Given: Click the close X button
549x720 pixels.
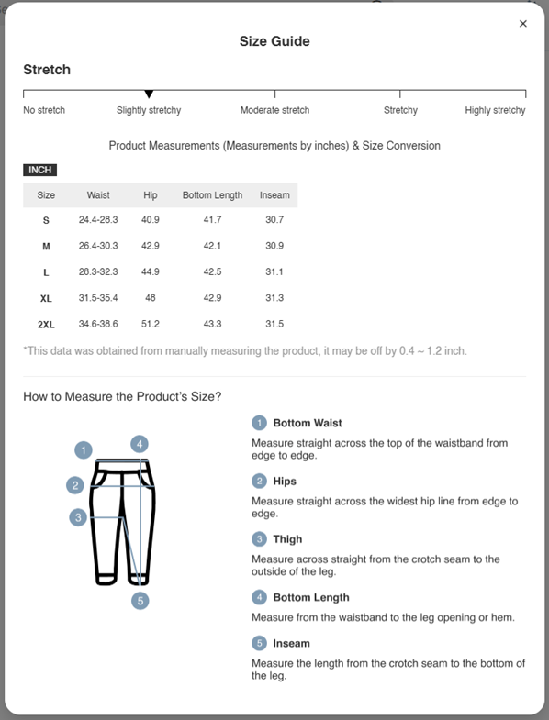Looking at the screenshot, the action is click(x=523, y=24).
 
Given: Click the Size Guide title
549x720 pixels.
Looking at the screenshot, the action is click(x=274, y=41).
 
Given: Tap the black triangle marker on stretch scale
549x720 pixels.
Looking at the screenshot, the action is click(x=149, y=94).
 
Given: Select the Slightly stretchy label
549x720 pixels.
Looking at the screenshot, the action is click(x=149, y=110).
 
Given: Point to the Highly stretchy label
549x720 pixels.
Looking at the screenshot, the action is click(x=495, y=110).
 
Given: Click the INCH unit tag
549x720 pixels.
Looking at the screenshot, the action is click(x=39, y=170).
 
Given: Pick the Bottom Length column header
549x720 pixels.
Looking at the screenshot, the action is click(x=212, y=195).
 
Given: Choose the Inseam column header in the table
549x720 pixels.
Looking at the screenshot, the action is click(x=274, y=195).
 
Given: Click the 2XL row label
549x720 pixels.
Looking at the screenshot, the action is click(x=46, y=325).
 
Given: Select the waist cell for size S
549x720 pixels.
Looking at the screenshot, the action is click(x=98, y=220).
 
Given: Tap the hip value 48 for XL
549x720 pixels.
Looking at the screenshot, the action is click(x=151, y=298).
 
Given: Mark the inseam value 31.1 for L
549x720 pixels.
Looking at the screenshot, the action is click(x=274, y=272).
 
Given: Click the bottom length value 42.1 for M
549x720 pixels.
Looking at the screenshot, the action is click(x=212, y=246).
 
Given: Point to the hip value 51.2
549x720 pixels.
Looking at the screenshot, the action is click(x=151, y=324).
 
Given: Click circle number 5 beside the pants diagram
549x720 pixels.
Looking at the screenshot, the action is click(x=140, y=601).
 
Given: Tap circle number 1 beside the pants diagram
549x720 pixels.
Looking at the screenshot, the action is click(x=84, y=450).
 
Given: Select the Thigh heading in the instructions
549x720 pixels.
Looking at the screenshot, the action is click(x=287, y=539).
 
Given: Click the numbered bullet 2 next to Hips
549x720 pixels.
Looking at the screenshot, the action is click(x=260, y=481).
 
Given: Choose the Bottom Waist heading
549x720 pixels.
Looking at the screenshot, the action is click(x=308, y=423).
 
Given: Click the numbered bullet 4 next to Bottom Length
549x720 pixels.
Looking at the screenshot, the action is click(x=260, y=597).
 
